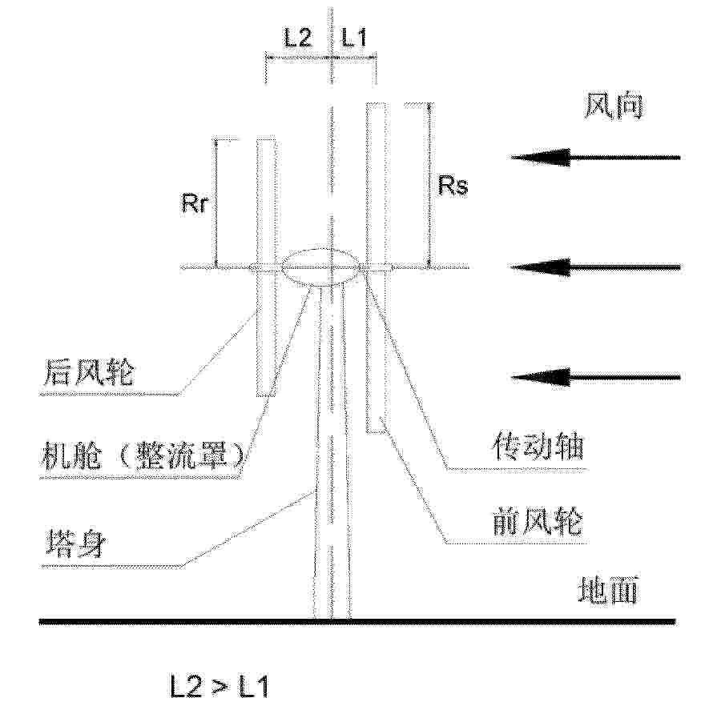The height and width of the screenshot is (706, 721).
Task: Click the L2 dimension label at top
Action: (298, 38)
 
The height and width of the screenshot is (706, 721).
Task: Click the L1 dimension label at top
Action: (353, 38)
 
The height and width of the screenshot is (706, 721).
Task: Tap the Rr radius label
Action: (195, 203)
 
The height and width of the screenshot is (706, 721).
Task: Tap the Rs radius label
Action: (453, 186)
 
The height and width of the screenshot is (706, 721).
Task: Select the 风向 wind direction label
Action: (614, 107)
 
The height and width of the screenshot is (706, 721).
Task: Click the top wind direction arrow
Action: (595, 158)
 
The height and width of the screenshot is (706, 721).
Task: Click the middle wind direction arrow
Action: (594, 267)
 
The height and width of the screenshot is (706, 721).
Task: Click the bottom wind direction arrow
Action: (595, 378)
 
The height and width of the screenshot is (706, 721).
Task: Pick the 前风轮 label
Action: (538, 521)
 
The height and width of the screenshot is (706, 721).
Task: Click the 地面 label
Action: (608, 590)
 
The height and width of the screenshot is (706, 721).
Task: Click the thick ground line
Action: (357, 622)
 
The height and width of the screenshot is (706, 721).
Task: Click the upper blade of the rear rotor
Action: (266, 202)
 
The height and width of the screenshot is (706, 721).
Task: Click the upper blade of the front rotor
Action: (376, 184)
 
